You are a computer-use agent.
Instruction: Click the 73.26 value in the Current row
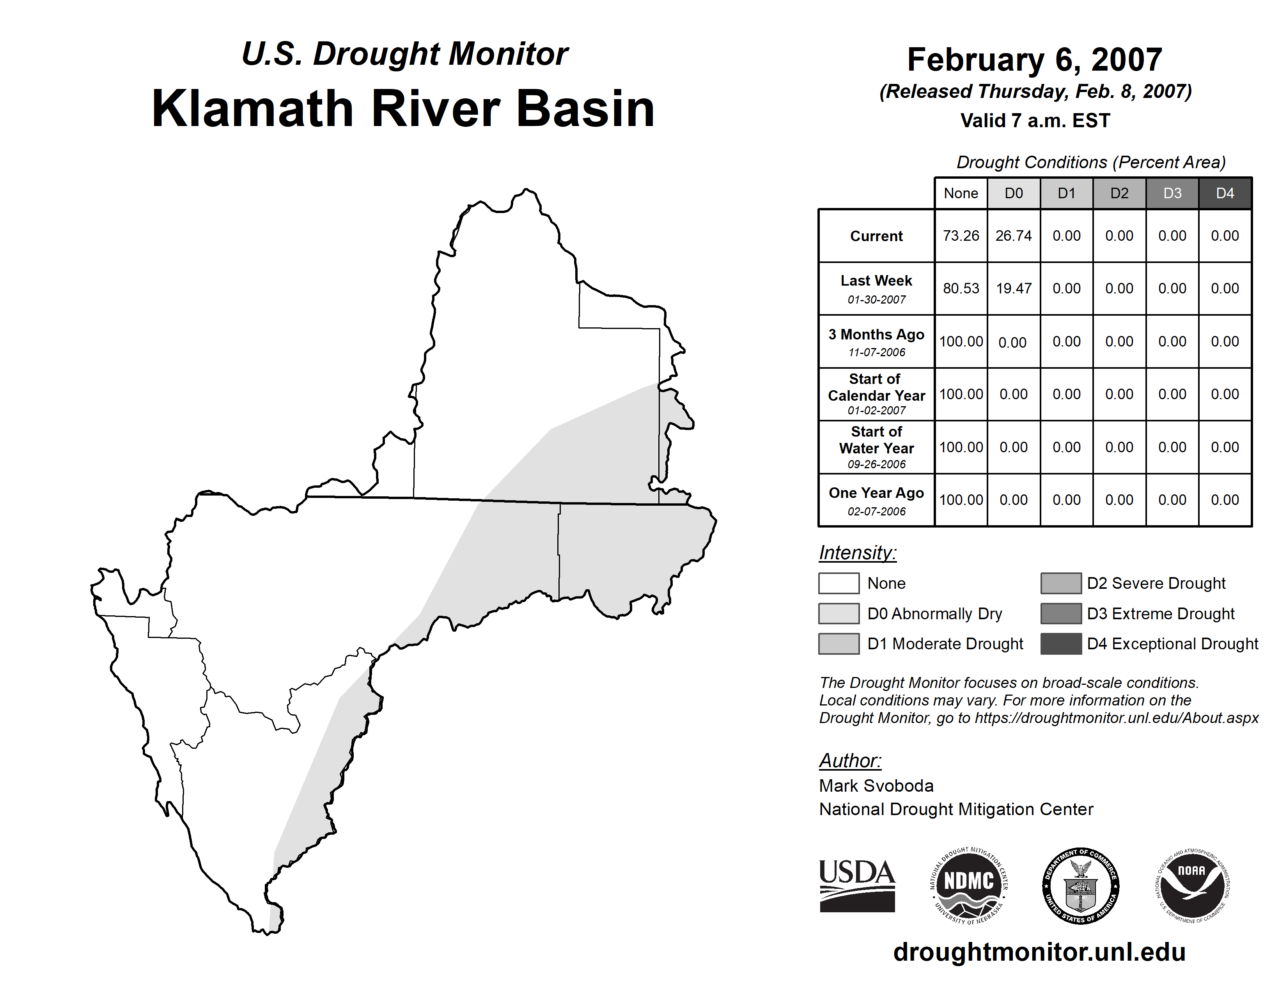(x=961, y=236)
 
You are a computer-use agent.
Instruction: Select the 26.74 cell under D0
(x=1014, y=236)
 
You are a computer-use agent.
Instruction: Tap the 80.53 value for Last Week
(x=961, y=288)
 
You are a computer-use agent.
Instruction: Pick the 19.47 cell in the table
(x=1014, y=288)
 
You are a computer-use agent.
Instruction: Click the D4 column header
(x=1225, y=193)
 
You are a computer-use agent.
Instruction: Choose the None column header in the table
(x=961, y=193)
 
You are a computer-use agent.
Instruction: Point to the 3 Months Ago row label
(x=876, y=342)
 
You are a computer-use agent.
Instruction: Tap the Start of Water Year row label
(x=876, y=448)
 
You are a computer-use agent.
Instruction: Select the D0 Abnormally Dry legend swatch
(x=838, y=613)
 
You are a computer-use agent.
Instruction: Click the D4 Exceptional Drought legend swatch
(x=1061, y=644)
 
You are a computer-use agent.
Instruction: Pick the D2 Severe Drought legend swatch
(x=1061, y=583)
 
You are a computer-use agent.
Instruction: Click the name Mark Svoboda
(x=876, y=786)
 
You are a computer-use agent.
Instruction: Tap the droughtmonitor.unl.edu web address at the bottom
(x=1039, y=952)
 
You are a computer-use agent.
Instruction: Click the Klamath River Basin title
(x=404, y=108)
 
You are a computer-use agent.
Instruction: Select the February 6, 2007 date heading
(x=1035, y=60)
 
